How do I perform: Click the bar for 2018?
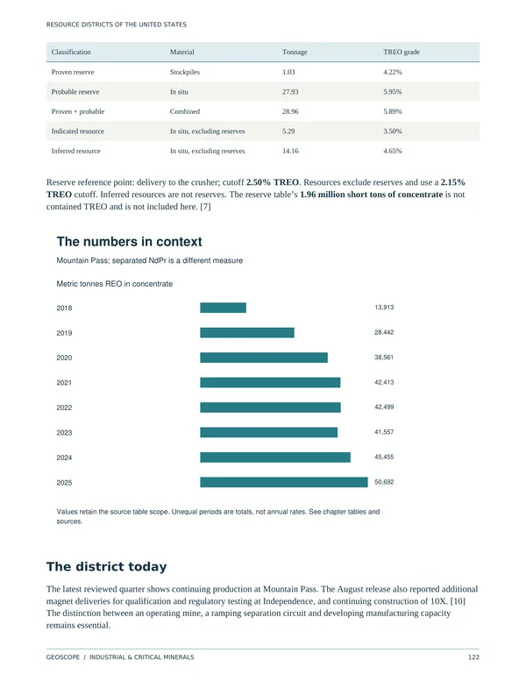click(223, 308)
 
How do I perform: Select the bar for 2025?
click(284, 482)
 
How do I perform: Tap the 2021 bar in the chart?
click(270, 383)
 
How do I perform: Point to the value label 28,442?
click(384, 332)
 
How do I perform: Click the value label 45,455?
click(384, 457)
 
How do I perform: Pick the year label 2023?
click(64, 433)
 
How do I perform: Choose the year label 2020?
click(64, 358)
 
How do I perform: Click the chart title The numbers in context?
click(130, 242)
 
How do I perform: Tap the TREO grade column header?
click(402, 52)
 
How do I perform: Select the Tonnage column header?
click(295, 52)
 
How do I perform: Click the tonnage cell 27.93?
click(290, 92)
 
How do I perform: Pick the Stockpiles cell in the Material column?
click(185, 72)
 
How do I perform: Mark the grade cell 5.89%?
click(393, 111)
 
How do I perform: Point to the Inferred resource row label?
click(76, 151)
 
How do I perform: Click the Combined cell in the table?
click(185, 111)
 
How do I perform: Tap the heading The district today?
click(106, 567)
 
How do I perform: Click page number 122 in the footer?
click(473, 657)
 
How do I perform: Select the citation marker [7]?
click(205, 207)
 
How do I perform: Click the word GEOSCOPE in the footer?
click(63, 657)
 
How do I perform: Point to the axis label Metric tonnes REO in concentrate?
click(115, 284)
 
